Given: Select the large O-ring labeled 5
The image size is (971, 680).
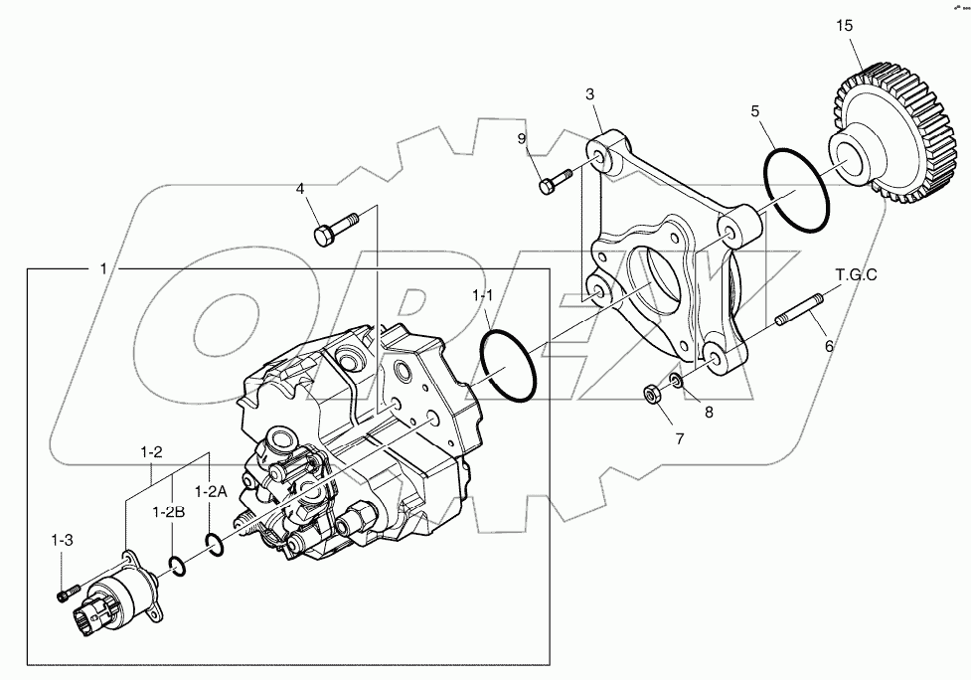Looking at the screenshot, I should [797, 189].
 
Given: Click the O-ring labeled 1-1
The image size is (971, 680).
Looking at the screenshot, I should [510, 366].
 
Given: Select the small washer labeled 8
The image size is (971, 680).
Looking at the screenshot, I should [675, 383].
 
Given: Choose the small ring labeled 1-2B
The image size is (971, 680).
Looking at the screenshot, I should [176, 565].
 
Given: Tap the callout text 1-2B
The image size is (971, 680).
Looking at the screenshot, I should [168, 512].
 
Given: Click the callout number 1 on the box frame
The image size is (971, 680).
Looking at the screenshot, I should [103, 269].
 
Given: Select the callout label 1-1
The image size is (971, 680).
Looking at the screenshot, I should [483, 295].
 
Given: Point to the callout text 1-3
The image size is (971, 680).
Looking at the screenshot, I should [63, 540].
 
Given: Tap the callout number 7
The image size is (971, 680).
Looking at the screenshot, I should [680, 437].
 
